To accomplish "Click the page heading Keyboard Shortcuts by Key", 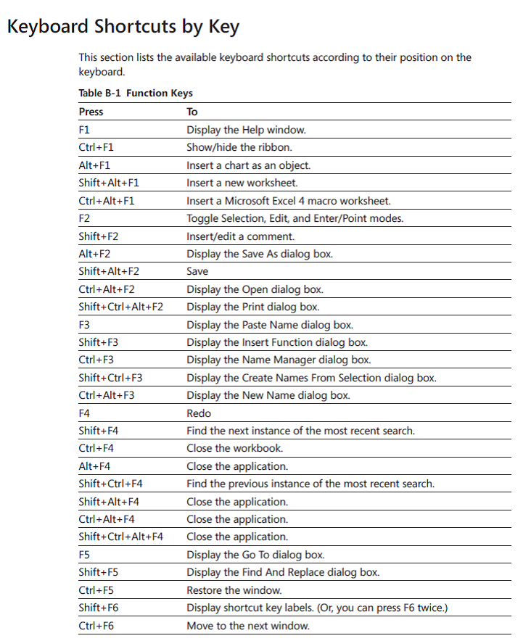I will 123,27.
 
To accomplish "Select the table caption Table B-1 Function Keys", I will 136,93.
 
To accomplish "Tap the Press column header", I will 91,112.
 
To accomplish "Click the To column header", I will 192,112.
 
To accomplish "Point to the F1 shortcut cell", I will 84,130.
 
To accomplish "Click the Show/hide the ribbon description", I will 239,147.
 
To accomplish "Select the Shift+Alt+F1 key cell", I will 109,183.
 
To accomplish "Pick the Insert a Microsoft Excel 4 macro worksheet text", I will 288,201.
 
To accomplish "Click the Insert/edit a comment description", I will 240,236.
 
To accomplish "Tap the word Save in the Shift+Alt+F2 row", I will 197,271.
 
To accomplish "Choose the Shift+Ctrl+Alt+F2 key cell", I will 120,307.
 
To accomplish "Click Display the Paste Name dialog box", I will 270,325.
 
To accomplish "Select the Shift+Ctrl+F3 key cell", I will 110,378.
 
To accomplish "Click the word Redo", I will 199,413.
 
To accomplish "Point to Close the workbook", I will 234,448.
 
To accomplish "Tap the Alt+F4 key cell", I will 94,466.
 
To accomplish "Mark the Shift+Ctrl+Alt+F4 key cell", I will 120,537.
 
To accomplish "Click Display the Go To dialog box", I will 255,555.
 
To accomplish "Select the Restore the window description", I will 234,590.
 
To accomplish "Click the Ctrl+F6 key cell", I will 96,625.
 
